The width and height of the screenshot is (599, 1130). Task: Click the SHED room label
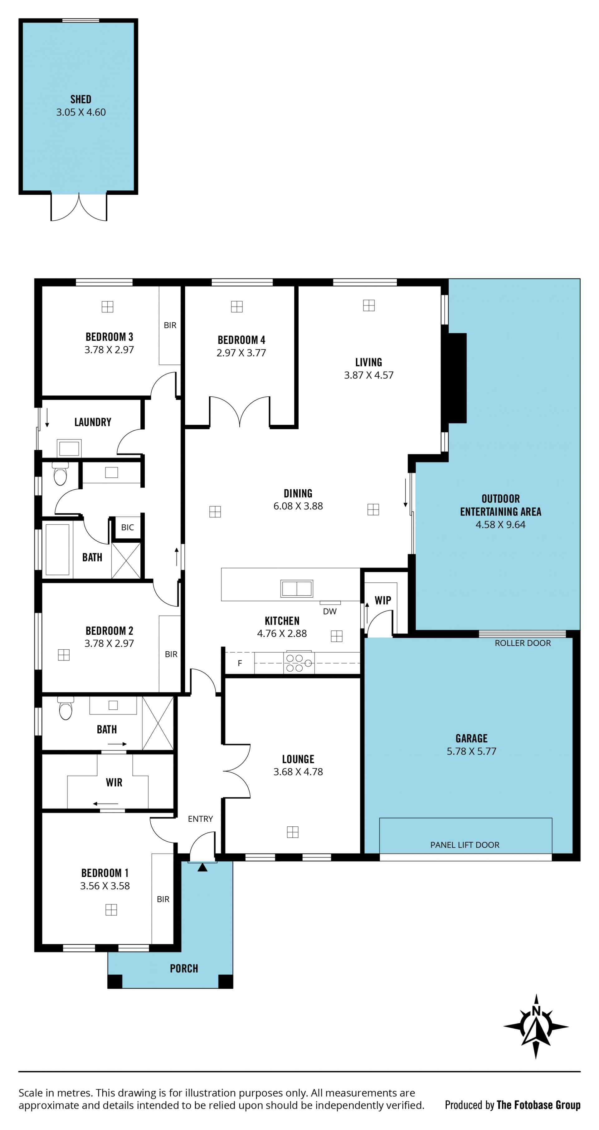pos(81,99)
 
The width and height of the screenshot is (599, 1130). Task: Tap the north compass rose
pos(536,1026)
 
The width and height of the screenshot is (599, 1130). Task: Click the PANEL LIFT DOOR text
pos(465,845)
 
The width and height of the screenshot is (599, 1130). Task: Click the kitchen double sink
pos(297,588)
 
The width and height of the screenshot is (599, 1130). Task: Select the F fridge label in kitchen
pos(240,663)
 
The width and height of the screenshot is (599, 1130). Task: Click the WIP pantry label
pos(383,600)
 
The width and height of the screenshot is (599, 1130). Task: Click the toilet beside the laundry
pos(60,473)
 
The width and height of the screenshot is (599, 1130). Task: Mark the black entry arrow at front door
pos(202,867)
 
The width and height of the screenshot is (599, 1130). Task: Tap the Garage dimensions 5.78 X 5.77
pos(471,751)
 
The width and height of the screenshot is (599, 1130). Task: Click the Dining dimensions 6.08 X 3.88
pos(298,506)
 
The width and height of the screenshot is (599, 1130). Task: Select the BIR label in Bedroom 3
pos(170,325)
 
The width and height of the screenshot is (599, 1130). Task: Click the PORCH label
pos(184,968)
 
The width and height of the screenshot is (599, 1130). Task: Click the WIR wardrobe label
pos(114,782)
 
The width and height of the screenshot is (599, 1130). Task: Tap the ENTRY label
pos(200,819)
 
